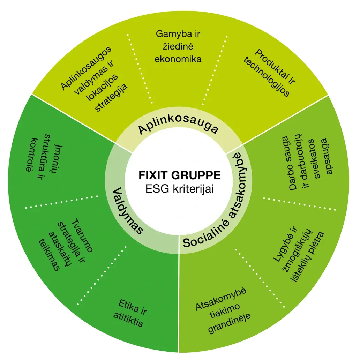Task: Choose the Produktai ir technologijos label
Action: pos(270,73)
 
